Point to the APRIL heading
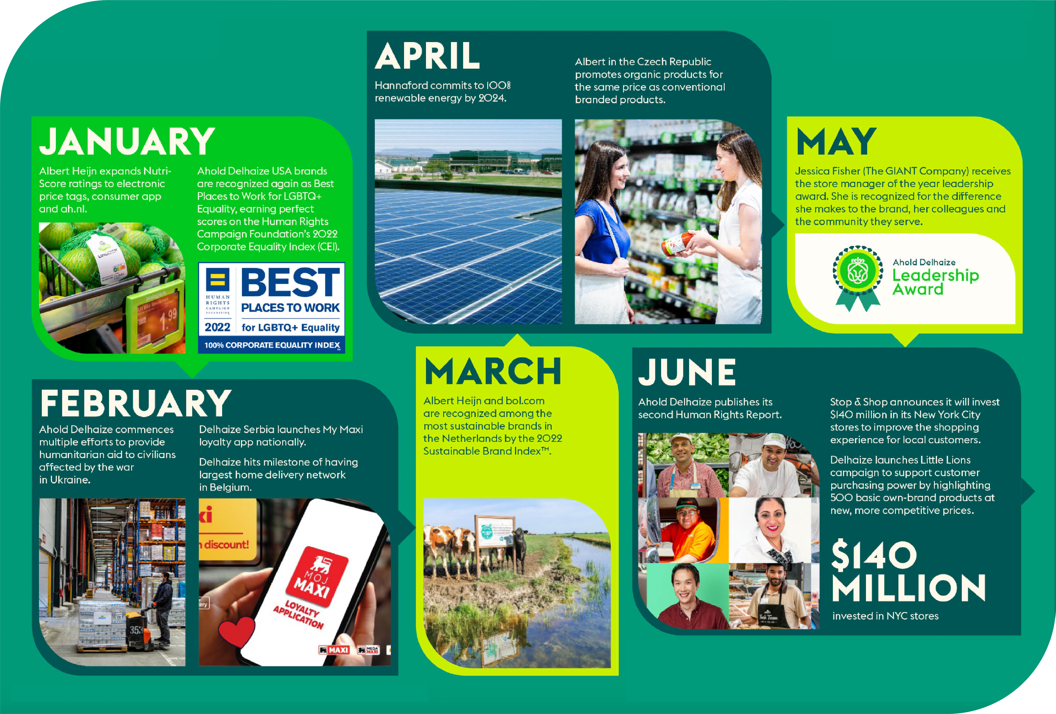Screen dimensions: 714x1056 [427, 56]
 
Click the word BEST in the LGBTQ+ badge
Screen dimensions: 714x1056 [290, 283]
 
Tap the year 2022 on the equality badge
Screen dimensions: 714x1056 [217, 327]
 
